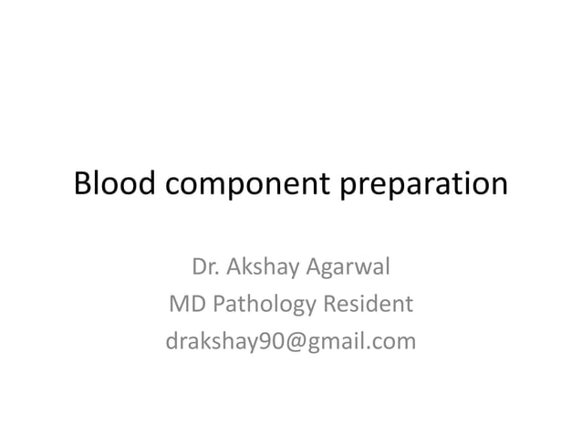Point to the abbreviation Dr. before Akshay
205,268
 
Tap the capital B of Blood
82,184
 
